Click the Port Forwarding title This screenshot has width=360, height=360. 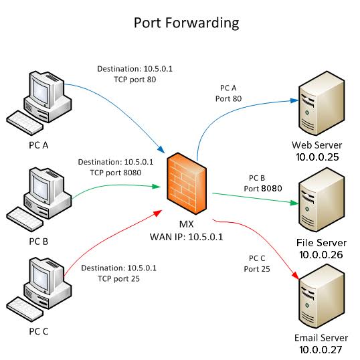186,22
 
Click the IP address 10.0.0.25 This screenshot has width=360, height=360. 317,157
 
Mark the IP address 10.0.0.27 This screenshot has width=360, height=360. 317,349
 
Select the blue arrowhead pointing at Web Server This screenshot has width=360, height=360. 294,100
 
